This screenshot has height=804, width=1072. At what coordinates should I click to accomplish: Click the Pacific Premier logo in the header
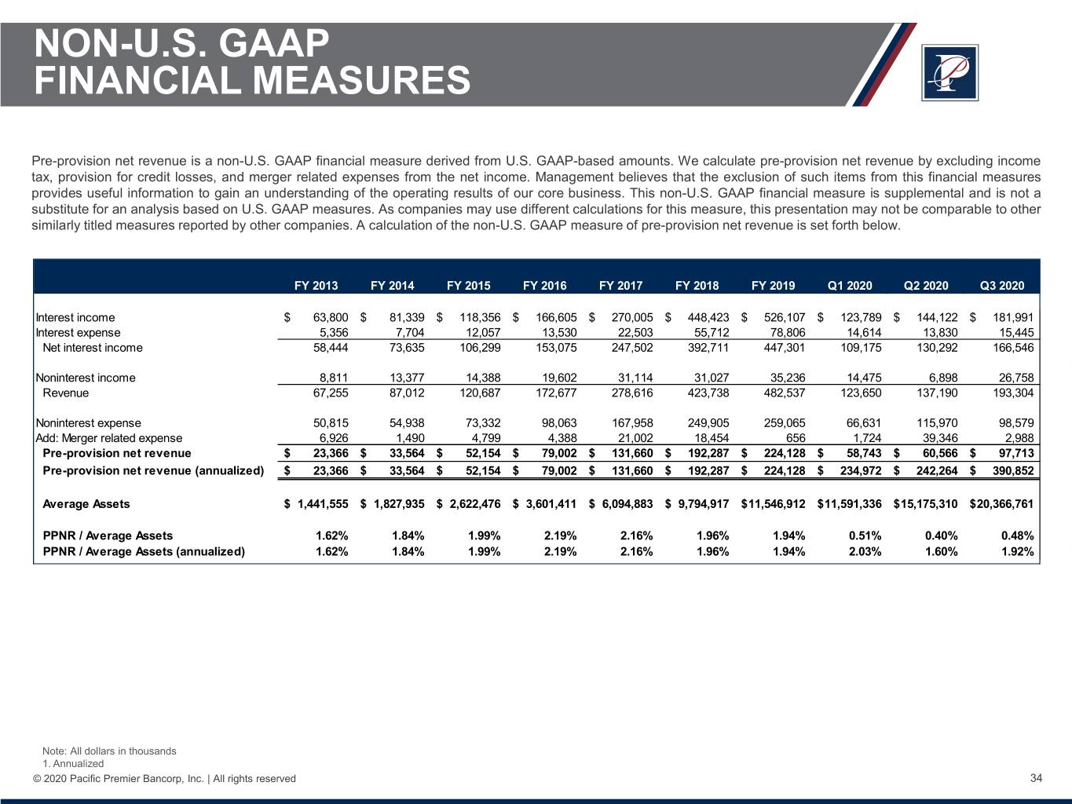(949, 72)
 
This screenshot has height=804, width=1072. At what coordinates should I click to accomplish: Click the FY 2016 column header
(544, 286)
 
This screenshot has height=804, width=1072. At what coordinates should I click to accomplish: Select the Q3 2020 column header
(1002, 286)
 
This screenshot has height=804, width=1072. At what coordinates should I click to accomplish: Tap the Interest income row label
(75, 317)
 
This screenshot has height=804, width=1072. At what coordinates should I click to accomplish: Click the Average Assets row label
(86, 504)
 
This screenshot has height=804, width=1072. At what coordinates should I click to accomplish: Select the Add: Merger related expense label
(109, 438)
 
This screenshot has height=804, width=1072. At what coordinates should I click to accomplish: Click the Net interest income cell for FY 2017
(632, 348)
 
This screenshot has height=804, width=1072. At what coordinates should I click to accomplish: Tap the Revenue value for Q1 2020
(861, 393)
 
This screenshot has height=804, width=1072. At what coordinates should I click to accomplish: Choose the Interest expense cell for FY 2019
(785, 332)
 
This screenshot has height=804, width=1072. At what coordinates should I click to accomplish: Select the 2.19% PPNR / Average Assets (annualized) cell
(560, 551)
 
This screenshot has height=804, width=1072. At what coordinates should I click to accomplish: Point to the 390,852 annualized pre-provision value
(1013, 470)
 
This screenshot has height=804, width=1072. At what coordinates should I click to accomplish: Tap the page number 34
(1036, 778)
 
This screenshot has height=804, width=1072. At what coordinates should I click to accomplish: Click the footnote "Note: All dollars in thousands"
(109, 751)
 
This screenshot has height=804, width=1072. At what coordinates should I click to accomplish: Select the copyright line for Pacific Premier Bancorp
(164, 779)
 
